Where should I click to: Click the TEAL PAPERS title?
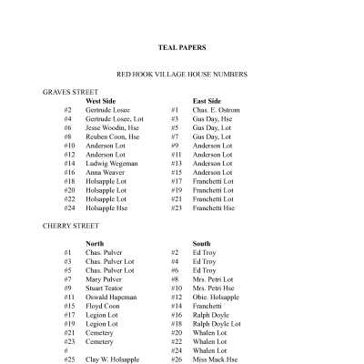[181, 48]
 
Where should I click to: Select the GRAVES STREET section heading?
[72, 92]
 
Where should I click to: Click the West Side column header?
[102, 101]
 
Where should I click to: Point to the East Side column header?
[207, 101]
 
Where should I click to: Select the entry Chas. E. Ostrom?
[217, 110]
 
